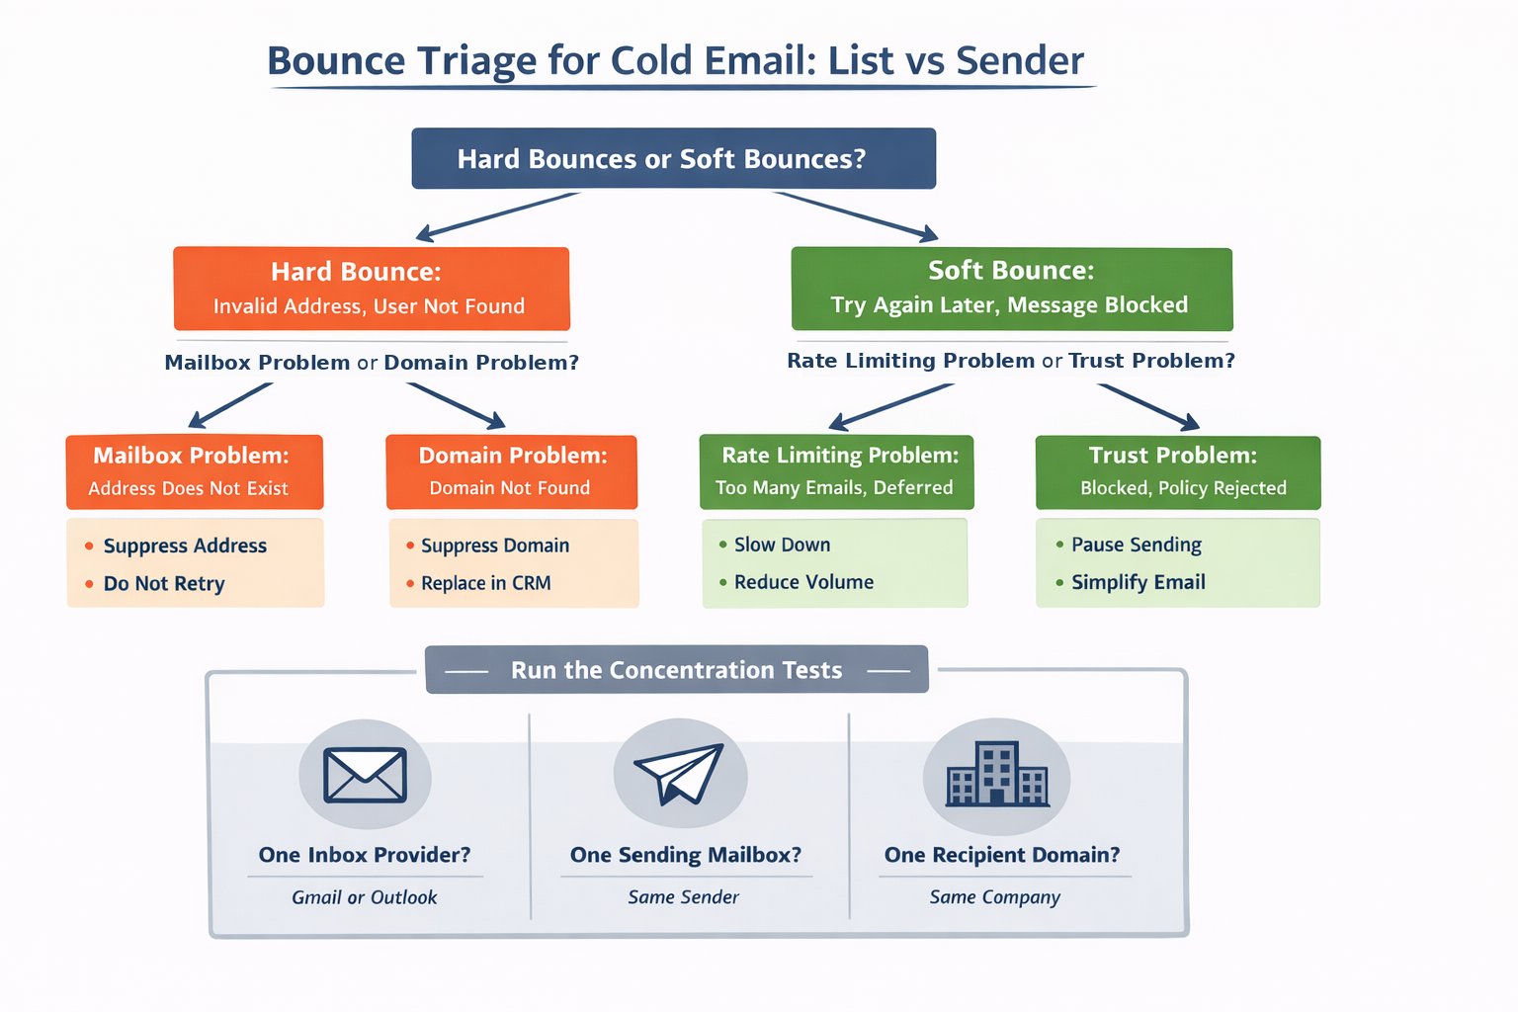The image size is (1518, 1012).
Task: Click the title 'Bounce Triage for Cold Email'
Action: click(x=676, y=61)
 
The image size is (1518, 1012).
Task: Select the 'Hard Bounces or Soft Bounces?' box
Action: click(x=673, y=158)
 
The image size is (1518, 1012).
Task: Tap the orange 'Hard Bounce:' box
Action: click(x=371, y=289)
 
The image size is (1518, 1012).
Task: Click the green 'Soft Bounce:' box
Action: click(x=1011, y=289)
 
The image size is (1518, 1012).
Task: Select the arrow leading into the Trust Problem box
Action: click(x=1148, y=406)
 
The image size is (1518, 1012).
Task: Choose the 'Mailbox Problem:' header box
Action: click(x=194, y=471)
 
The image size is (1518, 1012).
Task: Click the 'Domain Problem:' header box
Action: click(x=511, y=471)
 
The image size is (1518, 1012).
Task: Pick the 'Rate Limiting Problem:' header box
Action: click(x=836, y=471)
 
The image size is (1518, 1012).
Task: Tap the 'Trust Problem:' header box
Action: click(x=1177, y=471)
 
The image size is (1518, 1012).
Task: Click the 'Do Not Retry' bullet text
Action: click(x=164, y=584)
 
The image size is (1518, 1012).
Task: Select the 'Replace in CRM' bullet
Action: click(x=485, y=583)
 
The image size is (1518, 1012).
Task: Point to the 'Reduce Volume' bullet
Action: click(x=803, y=582)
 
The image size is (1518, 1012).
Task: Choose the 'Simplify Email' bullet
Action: click(x=1138, y=582)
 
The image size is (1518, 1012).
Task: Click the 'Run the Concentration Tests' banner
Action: click(x=676, y=670)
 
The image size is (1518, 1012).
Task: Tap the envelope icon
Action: click(x=365, y=775)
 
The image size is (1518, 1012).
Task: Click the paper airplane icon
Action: click(x=680, y=774)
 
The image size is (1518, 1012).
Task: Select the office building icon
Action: click(x=996, y=775)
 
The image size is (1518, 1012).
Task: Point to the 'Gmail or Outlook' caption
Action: click(x=364, y=897)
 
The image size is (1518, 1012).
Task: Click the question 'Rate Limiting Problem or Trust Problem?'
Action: click(x=1010, y=361)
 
